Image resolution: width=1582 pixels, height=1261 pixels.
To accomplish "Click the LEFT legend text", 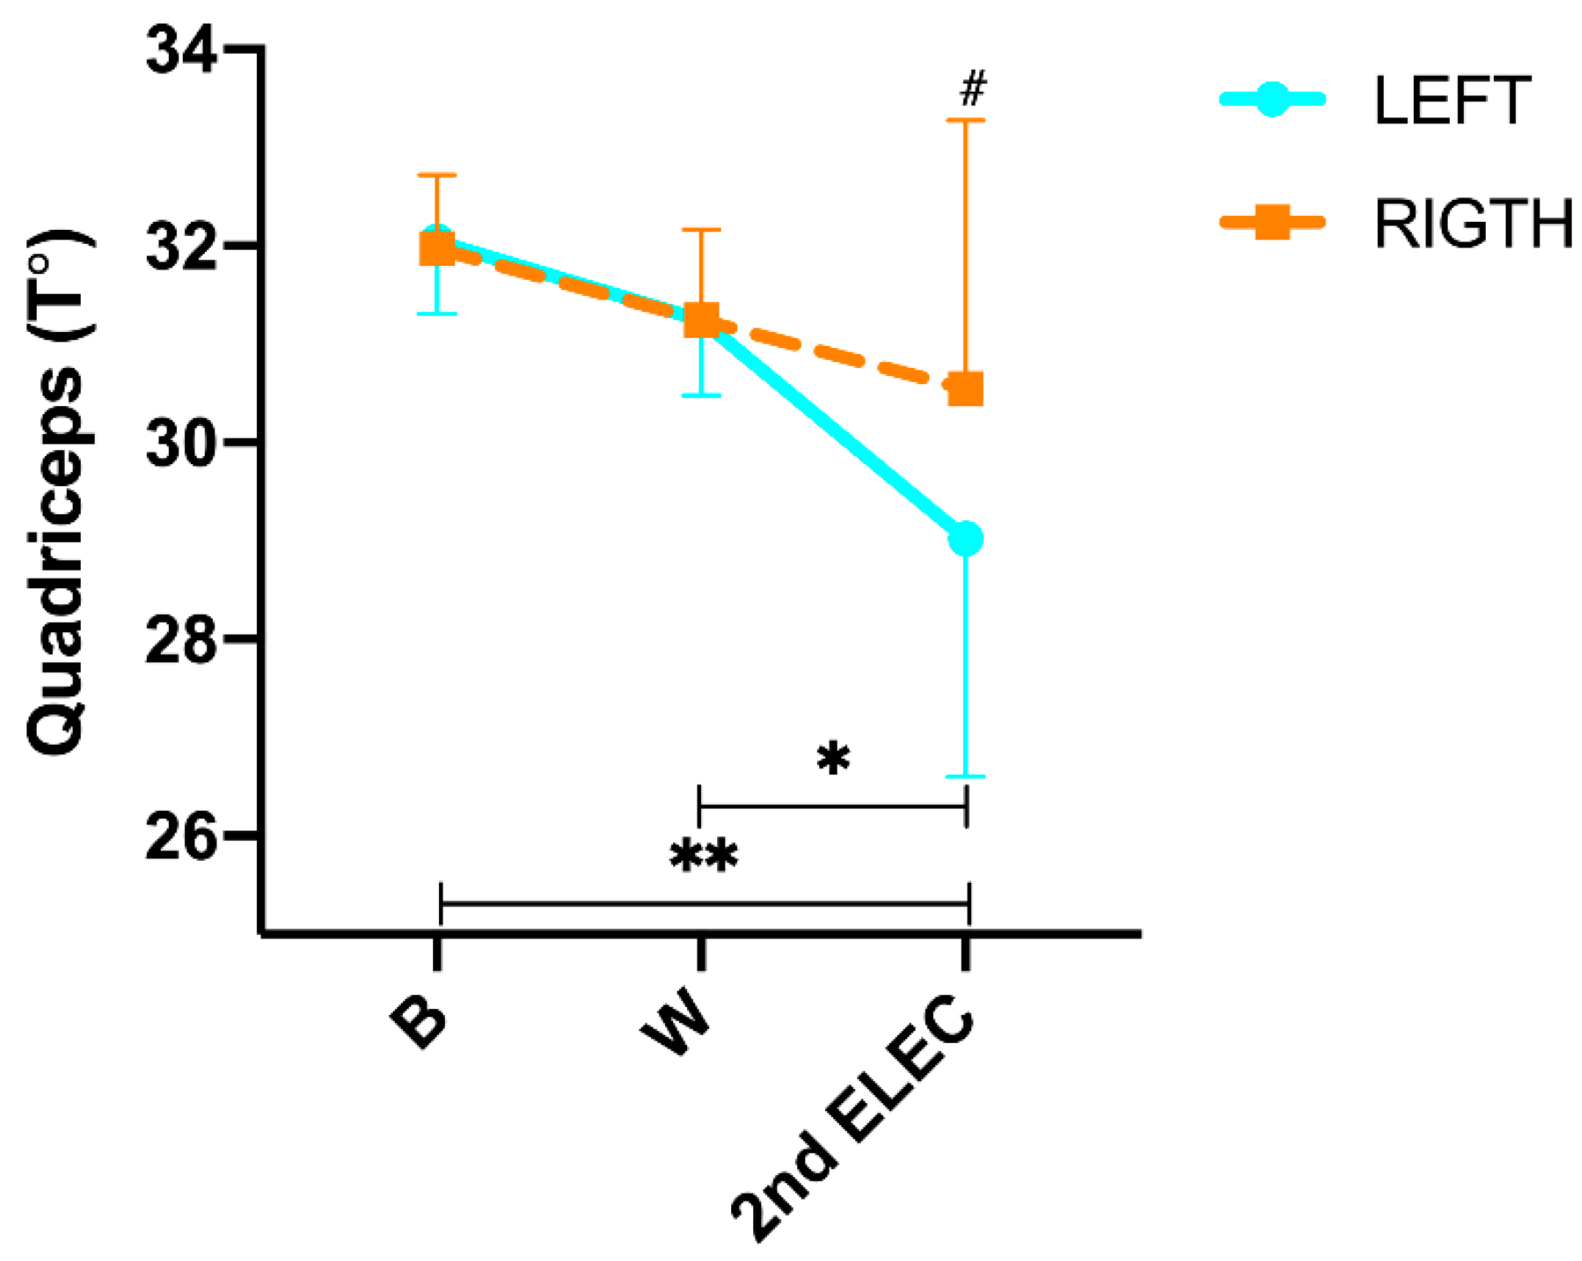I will pyautogui.click(x=1451, y=101).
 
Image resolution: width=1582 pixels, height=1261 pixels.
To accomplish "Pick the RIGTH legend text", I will pyautogui.click(x=1473, y=224).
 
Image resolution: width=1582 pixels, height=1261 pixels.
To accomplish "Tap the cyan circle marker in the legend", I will pyautogui.click(x=1272, y=98).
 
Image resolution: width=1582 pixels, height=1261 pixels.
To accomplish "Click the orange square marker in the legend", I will pyautogui.click(x=1272, y=222).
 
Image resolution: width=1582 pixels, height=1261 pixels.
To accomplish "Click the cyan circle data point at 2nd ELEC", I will pyautogui.click(x=965, y=540).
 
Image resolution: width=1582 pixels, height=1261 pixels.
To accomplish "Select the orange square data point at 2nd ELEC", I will pyautogui.click(x=965, y=389).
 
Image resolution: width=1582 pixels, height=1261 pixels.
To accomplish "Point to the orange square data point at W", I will pyautogui.click(x=701, y=319).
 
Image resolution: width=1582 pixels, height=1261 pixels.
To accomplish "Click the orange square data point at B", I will pyautogui.click(x=437, y=247).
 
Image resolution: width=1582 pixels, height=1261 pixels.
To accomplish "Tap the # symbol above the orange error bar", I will pyautogui.click(x=973, y=88).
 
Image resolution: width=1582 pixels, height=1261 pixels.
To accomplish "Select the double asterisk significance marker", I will pyautogui.click(x=704, y=855).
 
